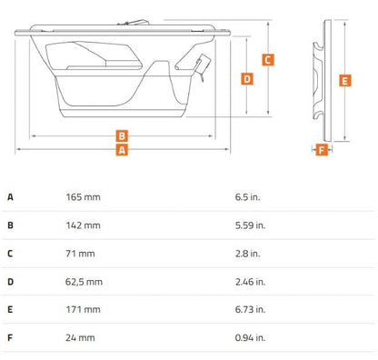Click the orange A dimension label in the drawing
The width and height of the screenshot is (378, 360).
[122, 150]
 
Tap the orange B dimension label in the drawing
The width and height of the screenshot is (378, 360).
[122, 135]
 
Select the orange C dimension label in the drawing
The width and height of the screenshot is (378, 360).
[268, 60]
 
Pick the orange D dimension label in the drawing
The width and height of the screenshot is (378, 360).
[247, 79]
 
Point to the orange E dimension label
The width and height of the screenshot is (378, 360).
[345, 81]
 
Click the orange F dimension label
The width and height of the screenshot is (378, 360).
[322, 150]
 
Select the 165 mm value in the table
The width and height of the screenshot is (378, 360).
[83, 197]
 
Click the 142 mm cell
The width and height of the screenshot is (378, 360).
[83, 225]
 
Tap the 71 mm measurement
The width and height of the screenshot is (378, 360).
[80, 254]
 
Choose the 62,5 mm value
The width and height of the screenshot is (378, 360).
[84, 282]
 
